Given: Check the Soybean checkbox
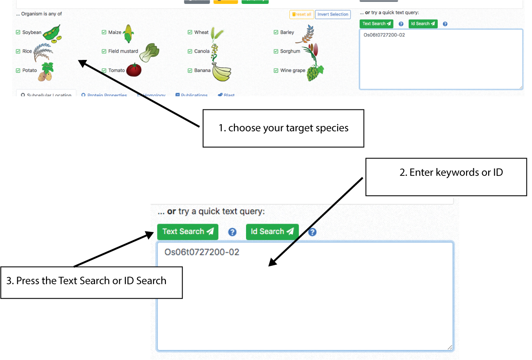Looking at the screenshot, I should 18,32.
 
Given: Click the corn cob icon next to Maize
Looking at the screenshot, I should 128,33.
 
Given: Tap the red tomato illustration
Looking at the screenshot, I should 134,70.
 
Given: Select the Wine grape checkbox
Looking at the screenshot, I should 276,70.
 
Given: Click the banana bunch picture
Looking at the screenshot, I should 221,72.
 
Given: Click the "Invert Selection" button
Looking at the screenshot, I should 333,14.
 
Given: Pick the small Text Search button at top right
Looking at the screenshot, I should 376,24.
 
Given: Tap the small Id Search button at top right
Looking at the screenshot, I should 423,24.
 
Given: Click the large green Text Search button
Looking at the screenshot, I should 187,231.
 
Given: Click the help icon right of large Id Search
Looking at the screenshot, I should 312,232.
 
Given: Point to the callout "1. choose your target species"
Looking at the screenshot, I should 283,128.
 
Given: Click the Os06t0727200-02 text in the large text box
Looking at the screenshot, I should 202,252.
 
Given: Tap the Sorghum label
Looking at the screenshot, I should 290,51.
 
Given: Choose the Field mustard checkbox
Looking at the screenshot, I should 104,51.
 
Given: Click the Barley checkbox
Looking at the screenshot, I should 276,32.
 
